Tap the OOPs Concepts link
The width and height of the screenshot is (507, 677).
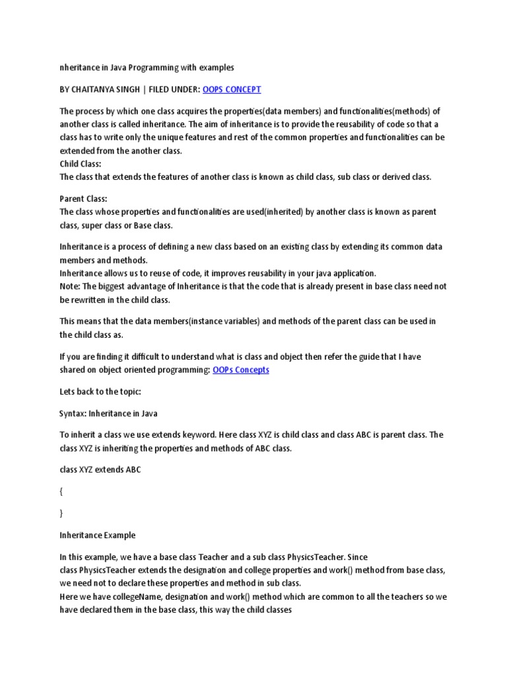tap(241, 370)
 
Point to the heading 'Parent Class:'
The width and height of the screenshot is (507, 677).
tap(84, 198)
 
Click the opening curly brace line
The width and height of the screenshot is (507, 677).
tap(61, 491)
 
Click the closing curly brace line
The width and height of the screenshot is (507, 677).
tap(61, 513)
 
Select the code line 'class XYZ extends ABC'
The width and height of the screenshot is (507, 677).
tap(100, 469)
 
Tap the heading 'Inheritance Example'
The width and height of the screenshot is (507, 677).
tap(97, 535)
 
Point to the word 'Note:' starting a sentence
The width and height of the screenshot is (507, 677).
tap(71, 286)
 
